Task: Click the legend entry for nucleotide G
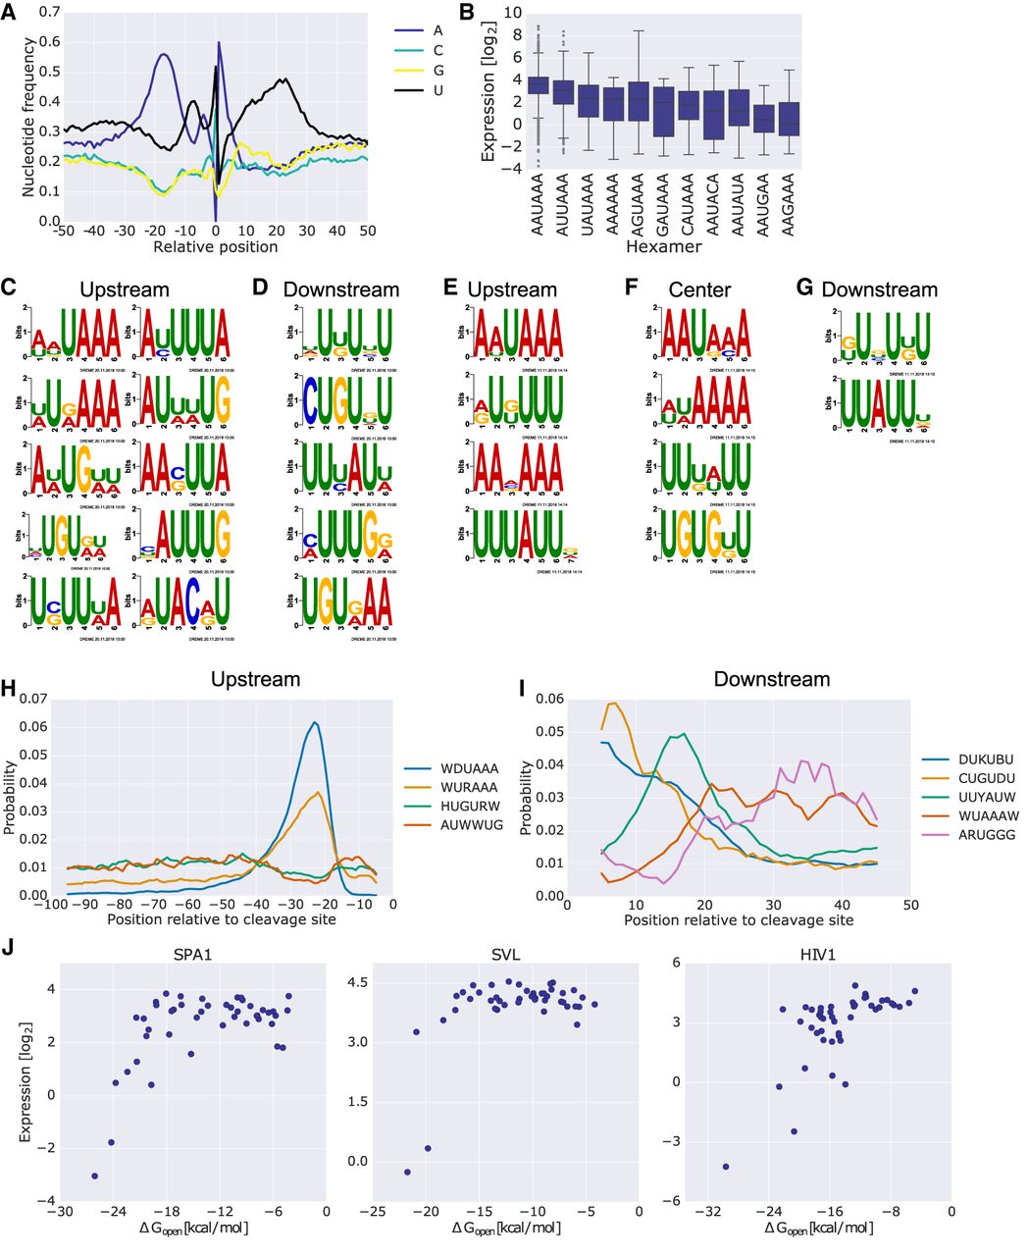(x=437, y=71)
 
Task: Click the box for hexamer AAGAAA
(x=789, y=118)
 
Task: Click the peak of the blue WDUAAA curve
(x=314, y=722)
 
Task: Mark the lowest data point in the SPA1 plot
(x=95, y=1176)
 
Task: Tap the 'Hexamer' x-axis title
(x=666, y=246)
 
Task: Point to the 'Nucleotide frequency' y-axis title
(x=29, y=117)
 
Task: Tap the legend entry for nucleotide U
(x=437, y=90)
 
